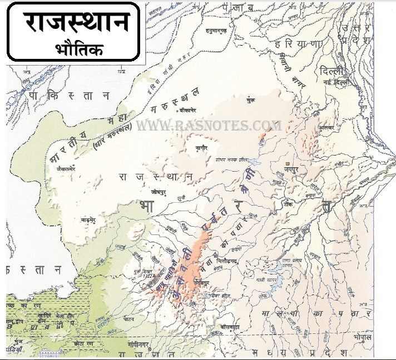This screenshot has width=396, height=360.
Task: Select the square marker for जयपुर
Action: click(287, 163)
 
